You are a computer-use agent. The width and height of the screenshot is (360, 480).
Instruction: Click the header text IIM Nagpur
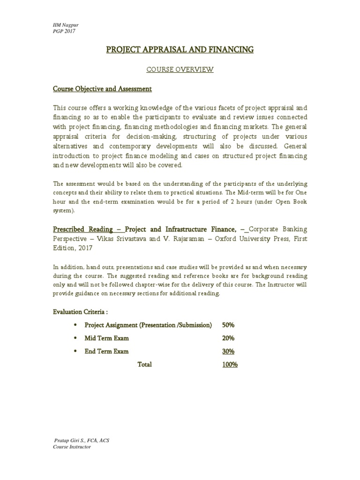pos(63,24)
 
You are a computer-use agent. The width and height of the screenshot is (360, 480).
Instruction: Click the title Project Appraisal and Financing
pos(180,49)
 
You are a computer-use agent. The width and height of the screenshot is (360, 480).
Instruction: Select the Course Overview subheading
pos(180,70)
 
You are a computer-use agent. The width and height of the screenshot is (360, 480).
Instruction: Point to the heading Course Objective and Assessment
pos(102,89)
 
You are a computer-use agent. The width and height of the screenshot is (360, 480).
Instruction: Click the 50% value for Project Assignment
pos(228,325)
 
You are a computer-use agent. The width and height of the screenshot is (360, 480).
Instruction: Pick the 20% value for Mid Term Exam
pos(228,338)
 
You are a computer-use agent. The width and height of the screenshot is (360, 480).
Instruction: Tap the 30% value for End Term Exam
pos(228,351)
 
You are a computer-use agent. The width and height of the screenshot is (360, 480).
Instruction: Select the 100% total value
pos(230,364)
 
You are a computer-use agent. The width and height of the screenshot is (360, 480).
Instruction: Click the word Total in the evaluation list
pos(144,364)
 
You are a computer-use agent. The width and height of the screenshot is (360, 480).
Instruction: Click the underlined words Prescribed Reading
pos(82,229)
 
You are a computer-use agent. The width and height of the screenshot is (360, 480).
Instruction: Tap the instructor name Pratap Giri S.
pos(70,441)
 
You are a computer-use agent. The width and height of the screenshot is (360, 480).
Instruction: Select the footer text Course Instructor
pos(72,447)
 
